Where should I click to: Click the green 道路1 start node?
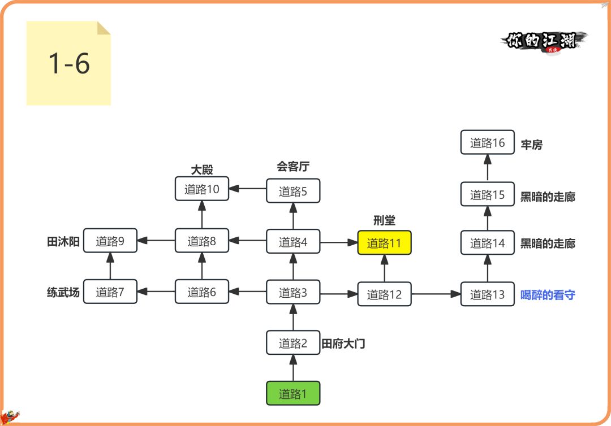[293, 393]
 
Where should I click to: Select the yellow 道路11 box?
[384, 243]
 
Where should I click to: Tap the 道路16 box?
[487, 142]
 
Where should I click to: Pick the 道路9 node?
[110, 241]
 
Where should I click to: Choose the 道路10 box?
[202, 189]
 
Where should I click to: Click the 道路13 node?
[487, 294]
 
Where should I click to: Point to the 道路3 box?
[293, 292]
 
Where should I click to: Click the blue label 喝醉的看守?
[547, 294]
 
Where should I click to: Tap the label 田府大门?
[343, 343]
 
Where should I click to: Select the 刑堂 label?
[384, 220]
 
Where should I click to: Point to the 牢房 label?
[531, 145]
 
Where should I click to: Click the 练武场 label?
[63, 292]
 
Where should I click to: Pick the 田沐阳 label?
[63, 241]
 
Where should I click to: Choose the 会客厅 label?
[293, 166]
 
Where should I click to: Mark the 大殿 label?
[202, 169]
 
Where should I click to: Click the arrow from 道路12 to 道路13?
[436, 294]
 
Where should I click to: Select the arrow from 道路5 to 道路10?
[248, 189]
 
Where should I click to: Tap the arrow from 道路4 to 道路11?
[339, 242]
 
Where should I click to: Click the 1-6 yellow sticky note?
[68, 63]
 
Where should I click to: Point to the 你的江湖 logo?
[543, 41]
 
